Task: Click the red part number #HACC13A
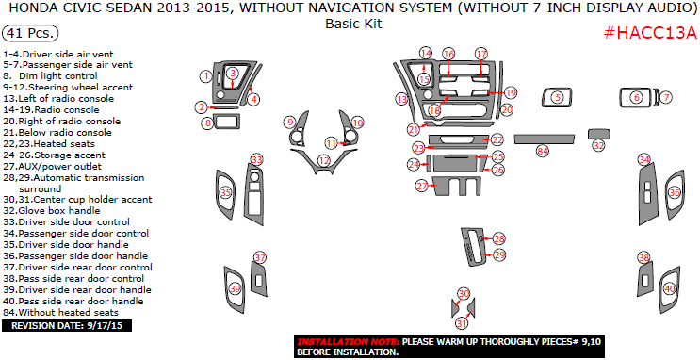(650, 34)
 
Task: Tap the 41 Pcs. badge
(30, 33)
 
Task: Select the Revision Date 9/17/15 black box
(67, 326)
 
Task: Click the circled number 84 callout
(543, 152)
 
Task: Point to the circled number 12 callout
(324, 160)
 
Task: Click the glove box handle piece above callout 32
(598, 134)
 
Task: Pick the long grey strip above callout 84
(545, 139)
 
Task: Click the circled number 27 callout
(422, 186)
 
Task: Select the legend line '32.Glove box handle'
(51, 211)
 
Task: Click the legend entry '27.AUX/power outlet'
(52, 167)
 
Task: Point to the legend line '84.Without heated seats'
(60, 313)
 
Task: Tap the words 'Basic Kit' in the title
(353, 24)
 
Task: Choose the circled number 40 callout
(670, 289)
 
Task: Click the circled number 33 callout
(256, 159)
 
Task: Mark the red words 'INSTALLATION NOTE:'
(349, 342)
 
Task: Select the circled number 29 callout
(499, 255)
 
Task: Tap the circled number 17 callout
(480, 54)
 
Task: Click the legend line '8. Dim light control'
(50, 76)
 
